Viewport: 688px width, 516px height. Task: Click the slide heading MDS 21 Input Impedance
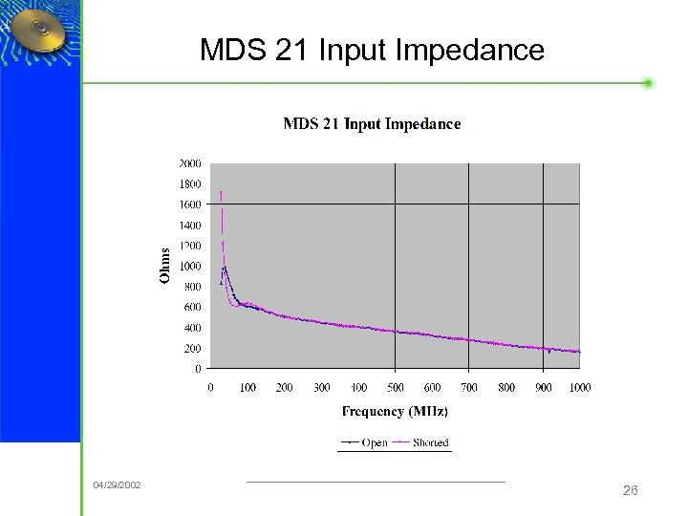(x=372, y=50)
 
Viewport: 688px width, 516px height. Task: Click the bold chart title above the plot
(x=372, y=123)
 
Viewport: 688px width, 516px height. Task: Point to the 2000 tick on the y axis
(x=190, y=163)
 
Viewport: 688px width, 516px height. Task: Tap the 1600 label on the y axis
(x=190, y=204)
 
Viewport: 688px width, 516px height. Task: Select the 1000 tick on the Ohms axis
(x=190, y=266)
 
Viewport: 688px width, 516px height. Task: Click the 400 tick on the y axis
(x=192, y=328)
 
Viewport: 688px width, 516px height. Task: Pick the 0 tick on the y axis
(x=198, y=369)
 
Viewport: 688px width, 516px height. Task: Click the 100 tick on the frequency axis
(x=247, y=387)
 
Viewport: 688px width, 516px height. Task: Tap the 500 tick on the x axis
(x=395, y=387)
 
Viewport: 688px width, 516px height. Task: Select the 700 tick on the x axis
(x=469, y=387)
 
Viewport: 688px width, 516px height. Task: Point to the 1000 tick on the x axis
(x=579, y=387)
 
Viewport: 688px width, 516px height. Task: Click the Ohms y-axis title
(x=165, y=266)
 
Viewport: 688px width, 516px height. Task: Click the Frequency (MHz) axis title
(x=395, y=412)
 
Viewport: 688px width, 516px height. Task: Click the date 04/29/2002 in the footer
(x=117, y=485)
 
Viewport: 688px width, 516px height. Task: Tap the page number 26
(x=630, y=490)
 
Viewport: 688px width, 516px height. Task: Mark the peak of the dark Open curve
(x=225, y=267)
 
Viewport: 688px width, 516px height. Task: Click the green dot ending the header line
(x=648, y=83)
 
